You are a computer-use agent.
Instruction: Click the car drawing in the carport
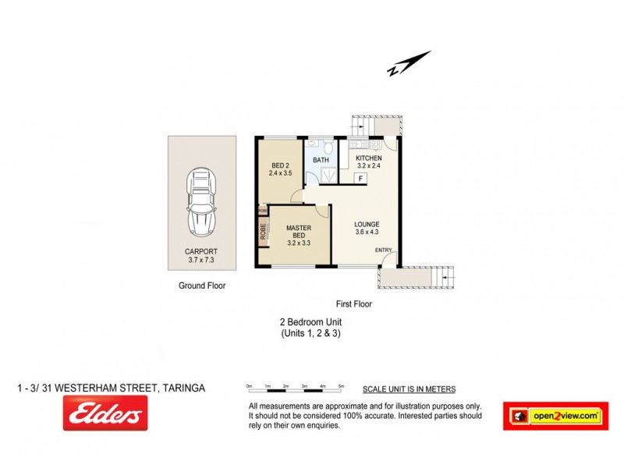coord(201,204)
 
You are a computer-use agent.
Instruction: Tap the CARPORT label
coord(201,251)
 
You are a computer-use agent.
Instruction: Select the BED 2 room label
coord(280,165)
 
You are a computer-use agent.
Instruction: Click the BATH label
coord(321,161)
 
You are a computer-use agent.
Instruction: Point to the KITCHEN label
coord(369,158)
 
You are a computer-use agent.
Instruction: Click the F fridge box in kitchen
coord(360,179)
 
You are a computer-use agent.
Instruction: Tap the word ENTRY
coord(384,250)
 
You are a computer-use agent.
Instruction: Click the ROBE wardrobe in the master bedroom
coord(264,232)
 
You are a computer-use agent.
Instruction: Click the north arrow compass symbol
coord(409,63)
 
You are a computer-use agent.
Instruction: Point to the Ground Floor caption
coord(202,285)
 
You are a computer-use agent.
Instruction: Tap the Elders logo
coord(105,413)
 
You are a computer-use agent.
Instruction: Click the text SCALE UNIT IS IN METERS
coord(409,389)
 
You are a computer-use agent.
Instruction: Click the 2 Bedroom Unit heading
coord(311,321)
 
